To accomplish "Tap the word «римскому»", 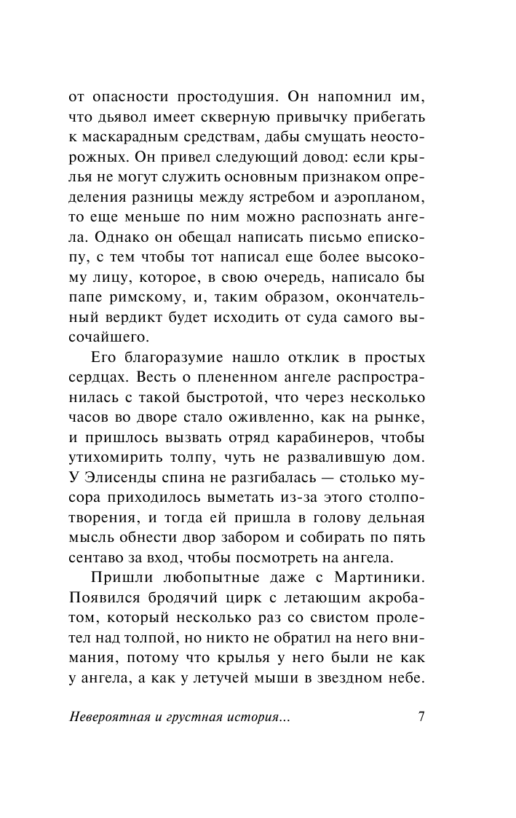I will coord(160,278).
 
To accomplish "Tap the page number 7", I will coord(421,715).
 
